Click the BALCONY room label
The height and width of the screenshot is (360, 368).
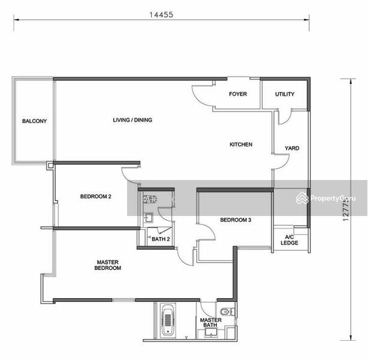pos(35,121)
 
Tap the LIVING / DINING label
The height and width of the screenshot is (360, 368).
pos(132,120)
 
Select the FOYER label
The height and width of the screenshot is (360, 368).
pos(238,94)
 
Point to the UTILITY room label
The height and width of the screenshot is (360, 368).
pos(285,94)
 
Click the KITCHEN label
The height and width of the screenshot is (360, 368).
pos(241,145)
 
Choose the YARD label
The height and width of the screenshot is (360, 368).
pos(292,148)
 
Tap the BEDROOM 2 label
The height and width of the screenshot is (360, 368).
pos(96,196)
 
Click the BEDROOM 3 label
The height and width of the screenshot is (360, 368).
pos(236,220)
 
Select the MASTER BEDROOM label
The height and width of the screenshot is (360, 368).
pos(108,265)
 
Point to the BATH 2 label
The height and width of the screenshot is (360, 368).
pos(161,239)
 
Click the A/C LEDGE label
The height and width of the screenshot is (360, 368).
pos(289,240)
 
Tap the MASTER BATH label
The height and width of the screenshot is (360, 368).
pos(210,323)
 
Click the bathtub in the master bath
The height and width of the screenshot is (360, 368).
pos(168,320)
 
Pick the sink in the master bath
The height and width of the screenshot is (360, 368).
pos(211,332)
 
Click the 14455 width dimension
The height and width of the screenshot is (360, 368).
pos(161,15)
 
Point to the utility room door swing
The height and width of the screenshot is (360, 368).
pos(285,117)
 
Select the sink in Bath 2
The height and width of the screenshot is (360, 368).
pos(148,217)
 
